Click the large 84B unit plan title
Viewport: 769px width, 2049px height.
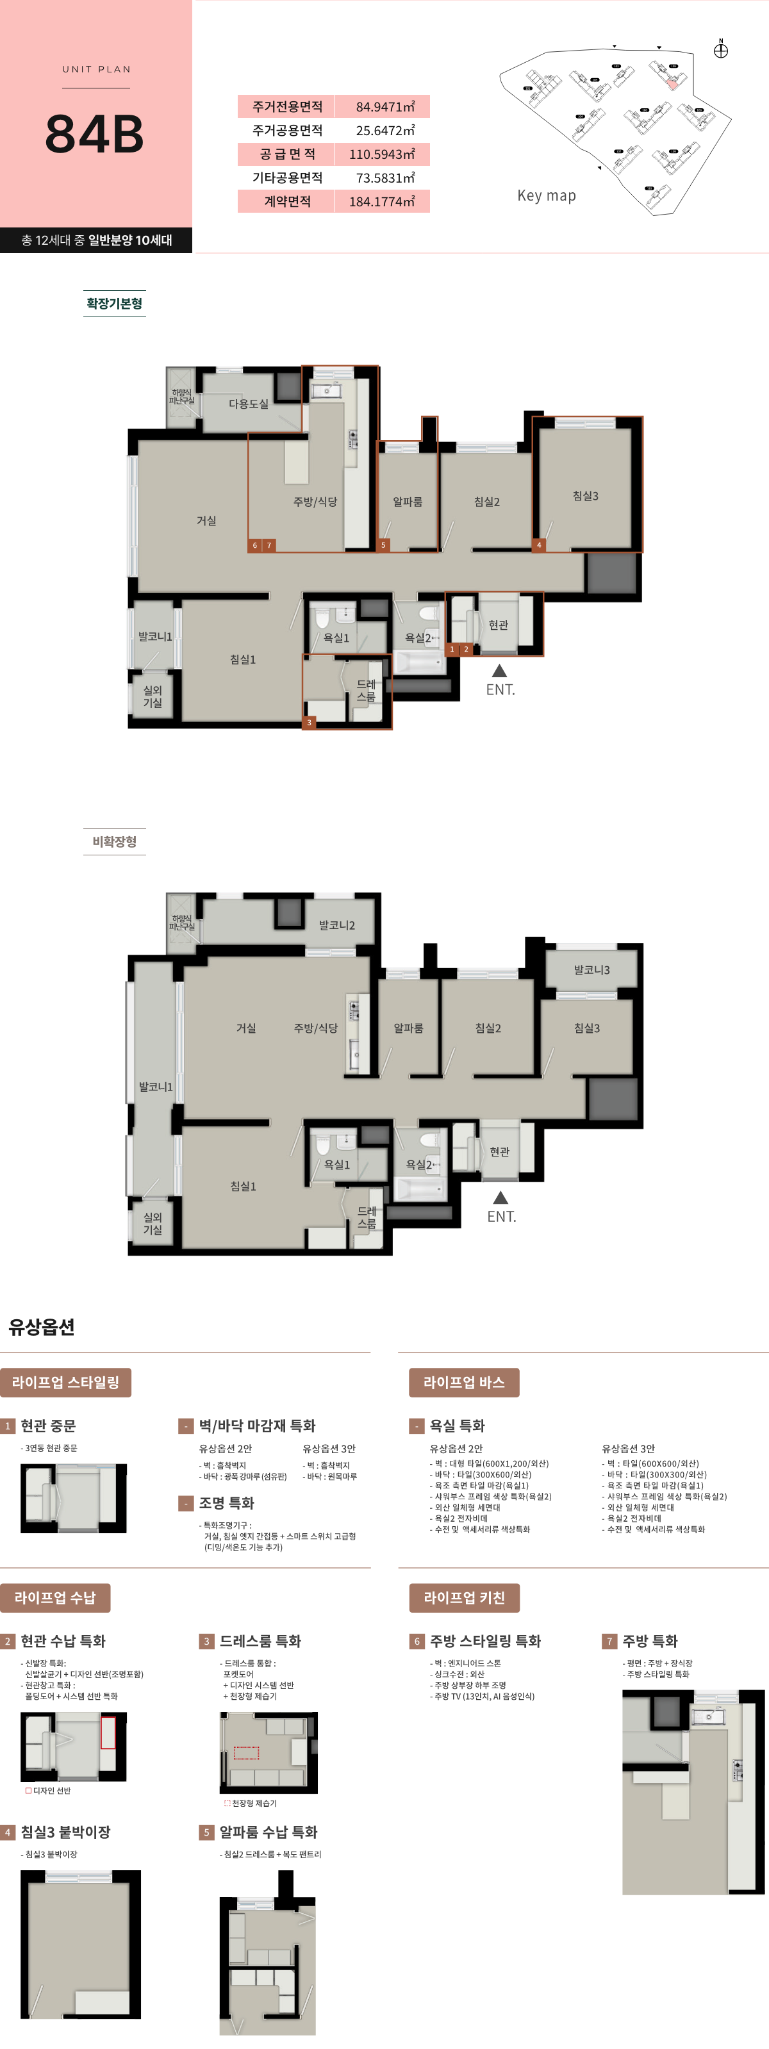[95, 134]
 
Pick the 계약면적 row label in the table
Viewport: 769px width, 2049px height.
[287, 201]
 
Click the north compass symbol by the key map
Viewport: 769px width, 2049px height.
[720, 51]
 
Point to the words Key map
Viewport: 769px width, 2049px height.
[547, 195]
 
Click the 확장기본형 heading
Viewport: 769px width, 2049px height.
[115, 303]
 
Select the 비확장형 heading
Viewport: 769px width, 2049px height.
[115, 841]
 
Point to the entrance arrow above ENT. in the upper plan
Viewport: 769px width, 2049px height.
[499, 671]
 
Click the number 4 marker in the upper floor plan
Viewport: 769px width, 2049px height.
[539, 545]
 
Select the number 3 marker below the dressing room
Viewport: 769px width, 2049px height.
[310, 722]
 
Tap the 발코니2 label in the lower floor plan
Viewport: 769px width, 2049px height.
[337, 925]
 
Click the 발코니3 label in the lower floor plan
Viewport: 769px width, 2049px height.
[591, 969]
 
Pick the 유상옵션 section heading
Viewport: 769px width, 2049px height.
[42, 1327]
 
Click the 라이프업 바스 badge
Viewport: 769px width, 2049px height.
[463, 1383]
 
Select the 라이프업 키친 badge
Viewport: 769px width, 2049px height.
[463, 1598]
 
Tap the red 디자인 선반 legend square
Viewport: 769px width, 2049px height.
[29, 1791]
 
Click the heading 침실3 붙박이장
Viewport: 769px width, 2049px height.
[65, 1832]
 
